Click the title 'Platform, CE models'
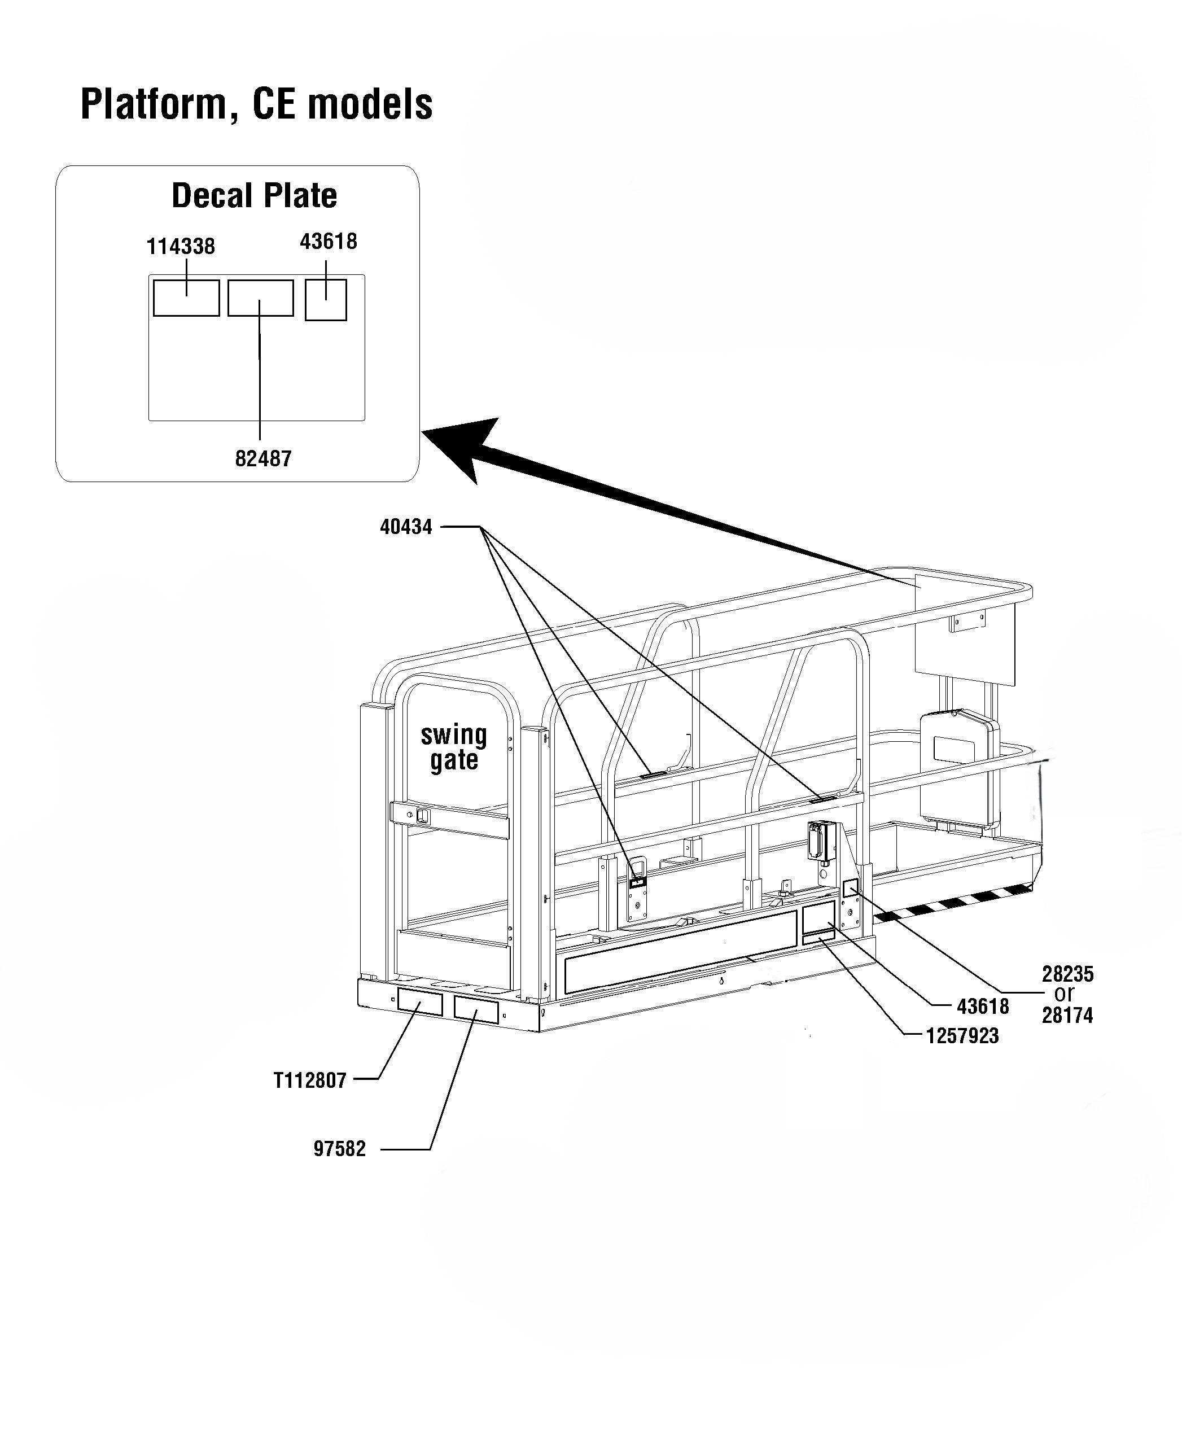pos(256,104)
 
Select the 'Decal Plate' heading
pos(254,196)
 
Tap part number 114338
pos(181,247)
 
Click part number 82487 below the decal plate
pos(263,459)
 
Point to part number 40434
pos(406,527)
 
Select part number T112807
pos(310,1080)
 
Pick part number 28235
pos(1067,974)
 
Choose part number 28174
pos(1067,1016)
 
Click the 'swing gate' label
pos(453,747)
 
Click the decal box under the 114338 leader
pos(186,298)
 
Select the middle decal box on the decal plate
pos(260,298)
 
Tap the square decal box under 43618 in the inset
pos(326,300)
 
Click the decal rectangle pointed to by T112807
pos(419,1002)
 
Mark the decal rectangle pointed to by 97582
pos(476,1011)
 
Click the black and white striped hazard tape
pos(953,902)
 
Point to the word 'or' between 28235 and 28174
pos(1064,995)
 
